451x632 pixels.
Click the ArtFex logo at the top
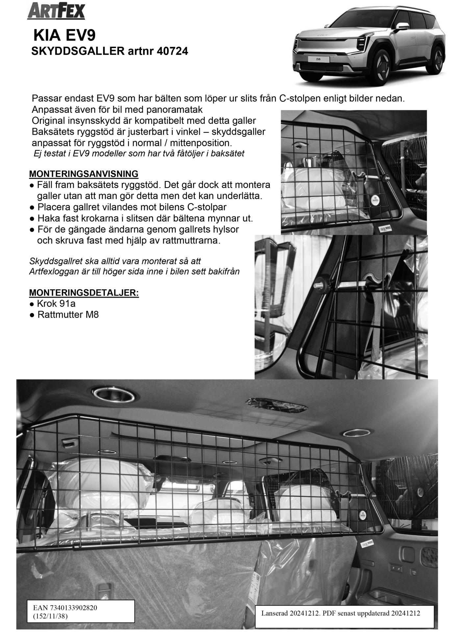click(56, 12)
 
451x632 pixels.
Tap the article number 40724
click(173, 51)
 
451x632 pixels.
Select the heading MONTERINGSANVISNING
click(84, 173)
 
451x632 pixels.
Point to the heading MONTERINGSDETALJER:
click(84, 292)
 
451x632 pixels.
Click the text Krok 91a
click(56, 303)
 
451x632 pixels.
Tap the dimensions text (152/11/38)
click(50, 616)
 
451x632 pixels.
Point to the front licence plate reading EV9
click(318, 60)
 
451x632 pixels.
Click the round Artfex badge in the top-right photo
click(375, 199)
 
